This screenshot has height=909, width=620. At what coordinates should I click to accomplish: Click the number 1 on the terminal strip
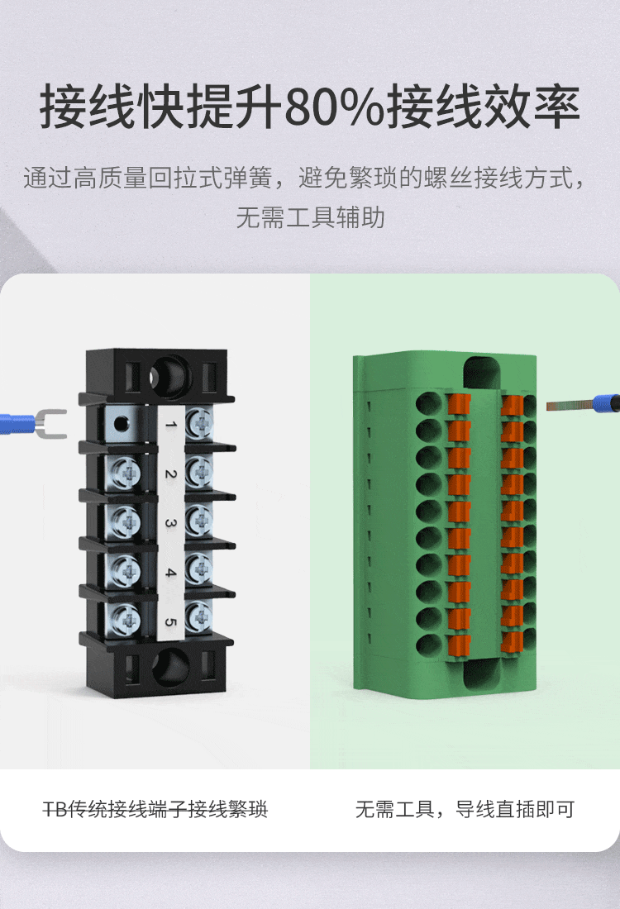(x=170, y=426)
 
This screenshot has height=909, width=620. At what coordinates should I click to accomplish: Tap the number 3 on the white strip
(x=170, y=523)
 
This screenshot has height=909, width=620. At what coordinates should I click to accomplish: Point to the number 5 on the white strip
(x=170, y=621)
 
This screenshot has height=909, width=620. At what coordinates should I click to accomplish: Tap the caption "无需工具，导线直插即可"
(x=465, y=809)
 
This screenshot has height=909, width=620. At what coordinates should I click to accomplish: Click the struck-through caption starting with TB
(x=155, y=809)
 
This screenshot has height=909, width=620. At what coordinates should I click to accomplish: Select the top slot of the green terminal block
(x=483, y=373)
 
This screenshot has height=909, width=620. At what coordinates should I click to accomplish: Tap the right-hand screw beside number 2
(x=199, y=472)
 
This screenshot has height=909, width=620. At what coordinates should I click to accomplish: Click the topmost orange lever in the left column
(x=460, y=405)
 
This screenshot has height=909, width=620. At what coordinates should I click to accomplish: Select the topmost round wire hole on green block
(x=429, y=404)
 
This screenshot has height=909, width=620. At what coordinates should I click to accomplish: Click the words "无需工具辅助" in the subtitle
(x=310, y=218)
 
